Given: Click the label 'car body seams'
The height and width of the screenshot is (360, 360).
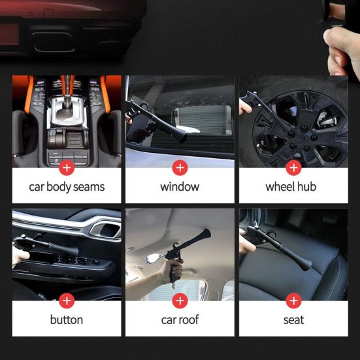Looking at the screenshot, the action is tap(67, 187).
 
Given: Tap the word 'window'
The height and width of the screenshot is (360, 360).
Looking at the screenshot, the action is tap(180, 186).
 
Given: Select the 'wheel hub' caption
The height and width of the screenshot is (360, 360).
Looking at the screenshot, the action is tap(291, 186).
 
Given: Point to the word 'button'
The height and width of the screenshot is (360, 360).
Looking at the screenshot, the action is tap(67, 319).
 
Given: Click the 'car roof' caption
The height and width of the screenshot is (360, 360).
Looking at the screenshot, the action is tap(180, 320).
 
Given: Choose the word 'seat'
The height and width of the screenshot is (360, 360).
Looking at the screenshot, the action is tap(293, 320).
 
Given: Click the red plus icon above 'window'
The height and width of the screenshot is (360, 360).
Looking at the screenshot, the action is tap(180, 168).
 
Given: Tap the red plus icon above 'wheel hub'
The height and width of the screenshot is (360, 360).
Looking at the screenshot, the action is tap(293, 168).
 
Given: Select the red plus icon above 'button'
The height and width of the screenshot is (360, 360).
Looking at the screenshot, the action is tap(67, 301).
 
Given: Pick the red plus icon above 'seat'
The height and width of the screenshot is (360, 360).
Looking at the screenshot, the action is tap(293, 301).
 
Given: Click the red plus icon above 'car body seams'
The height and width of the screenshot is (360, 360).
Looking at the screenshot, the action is tap(67, 168).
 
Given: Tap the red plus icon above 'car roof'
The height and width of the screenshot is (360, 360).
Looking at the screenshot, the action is tap(180, 301).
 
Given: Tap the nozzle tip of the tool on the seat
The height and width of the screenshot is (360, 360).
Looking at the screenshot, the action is tap(306, 265).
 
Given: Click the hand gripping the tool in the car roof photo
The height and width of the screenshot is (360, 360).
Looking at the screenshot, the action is tap(174, 270).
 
